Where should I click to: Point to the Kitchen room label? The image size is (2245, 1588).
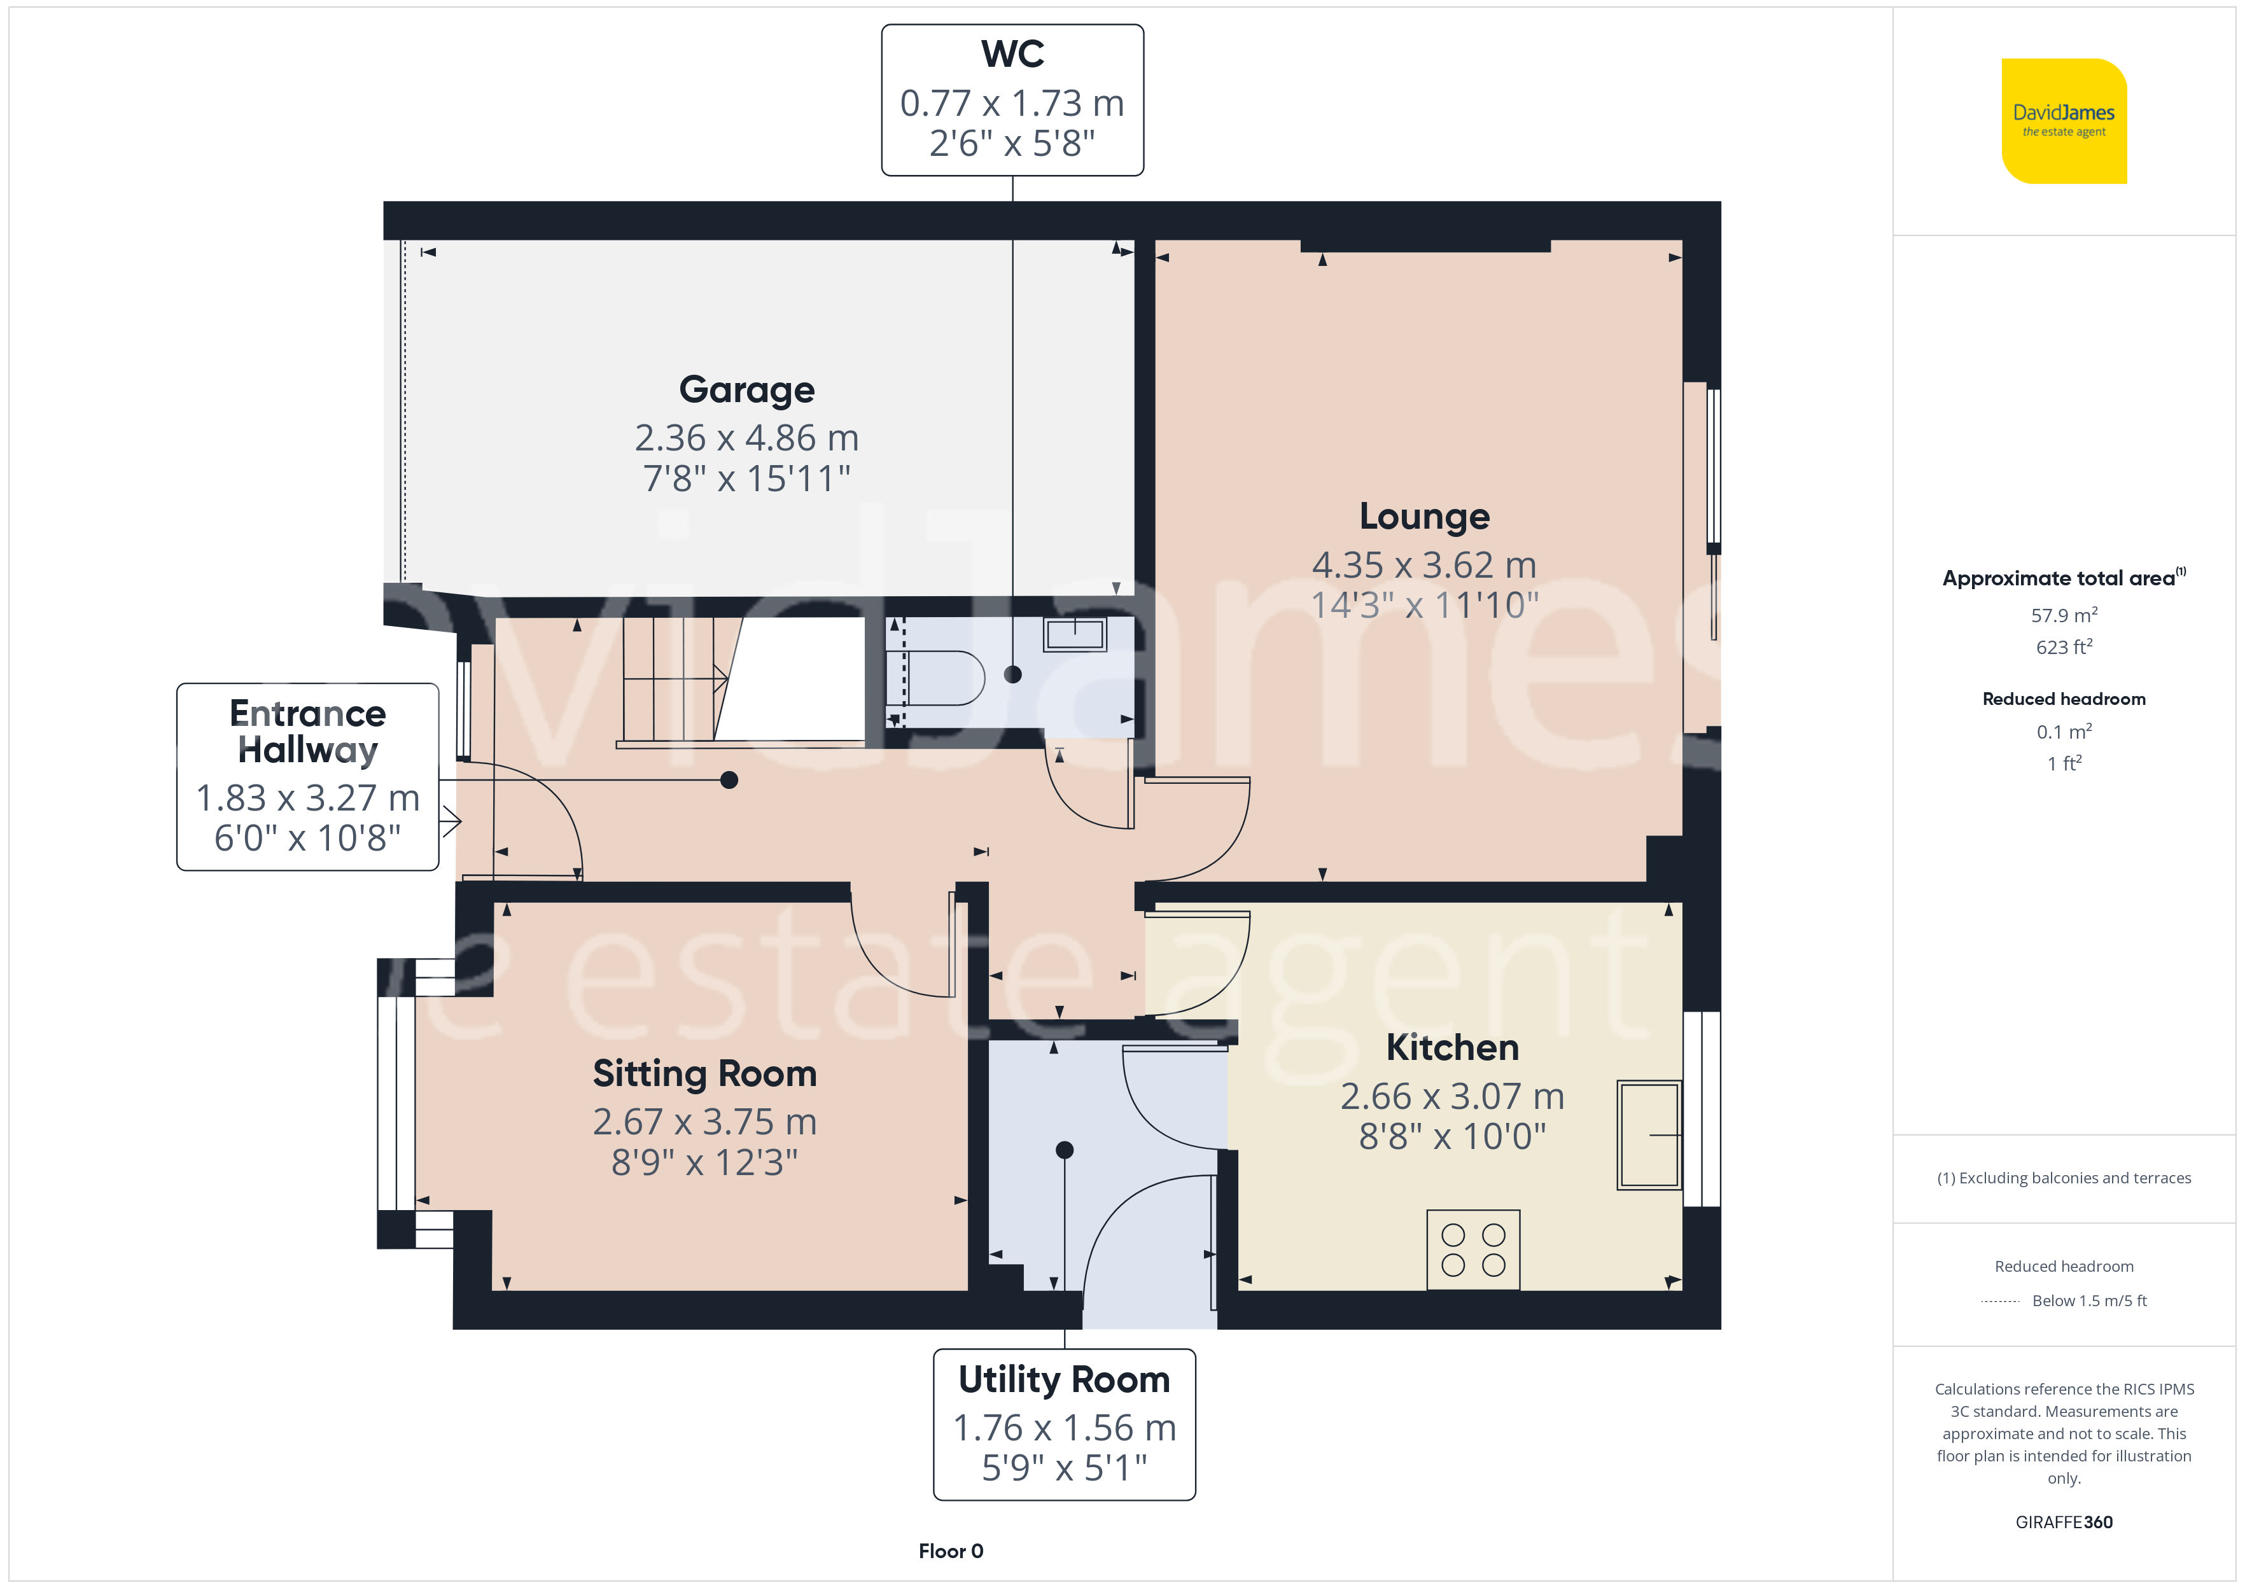(1452, 1047)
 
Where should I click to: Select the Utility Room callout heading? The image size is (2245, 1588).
(1064, 1380)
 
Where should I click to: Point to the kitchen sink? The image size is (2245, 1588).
(1649, 1134)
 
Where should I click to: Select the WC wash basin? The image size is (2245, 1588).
(1075, 634)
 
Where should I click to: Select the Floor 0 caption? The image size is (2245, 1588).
(951, 1551)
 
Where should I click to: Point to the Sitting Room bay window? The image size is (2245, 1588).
(396, 1103)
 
